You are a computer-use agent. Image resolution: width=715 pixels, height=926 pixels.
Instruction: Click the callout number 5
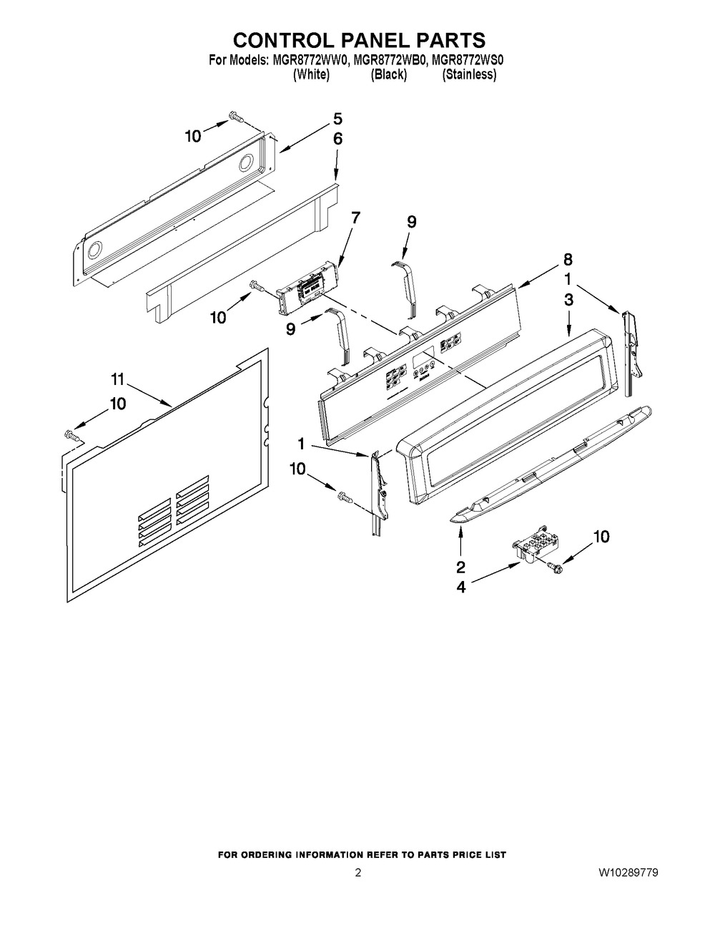pos(337,119)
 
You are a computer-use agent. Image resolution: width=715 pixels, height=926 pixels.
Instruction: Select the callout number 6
pos(337,139)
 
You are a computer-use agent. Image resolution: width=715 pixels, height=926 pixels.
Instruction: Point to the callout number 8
pos(568,260)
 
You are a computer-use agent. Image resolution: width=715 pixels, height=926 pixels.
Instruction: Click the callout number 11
pos(118,379)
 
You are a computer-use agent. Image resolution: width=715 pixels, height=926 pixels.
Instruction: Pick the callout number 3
pos(568,300)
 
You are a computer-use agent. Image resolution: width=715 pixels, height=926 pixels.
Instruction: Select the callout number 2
pos(460,567)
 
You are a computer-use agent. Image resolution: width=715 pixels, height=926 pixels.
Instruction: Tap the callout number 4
pos(461,588)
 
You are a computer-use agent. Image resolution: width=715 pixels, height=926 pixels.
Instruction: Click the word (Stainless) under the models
pos(469,74)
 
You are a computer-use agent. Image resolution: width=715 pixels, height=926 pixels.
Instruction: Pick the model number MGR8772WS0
pos(468,61)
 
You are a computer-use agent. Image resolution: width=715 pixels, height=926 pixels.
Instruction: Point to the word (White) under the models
pos(312,74)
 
